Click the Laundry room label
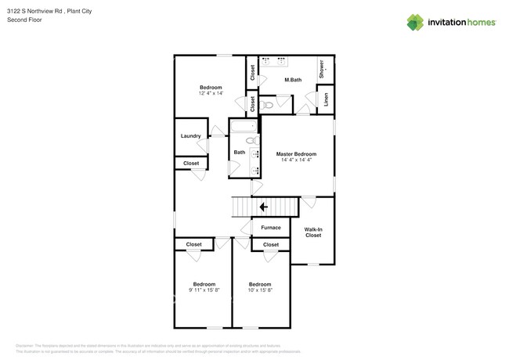[191, 136]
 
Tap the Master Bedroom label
[296, 154]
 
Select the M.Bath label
[293, 80]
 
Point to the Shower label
[322, 69]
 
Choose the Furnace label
[271, 228]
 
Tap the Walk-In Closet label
[312, 232]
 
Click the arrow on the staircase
[263, 207]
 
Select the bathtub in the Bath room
[243, 128]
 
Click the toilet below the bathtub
[252, 141]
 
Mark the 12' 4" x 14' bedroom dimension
[211, 94]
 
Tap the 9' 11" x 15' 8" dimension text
[204, 290]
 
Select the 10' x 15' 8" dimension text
[260, 290]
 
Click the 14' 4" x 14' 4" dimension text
[296, 160]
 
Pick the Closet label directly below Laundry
[191, 164]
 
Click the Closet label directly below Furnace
[271, 245]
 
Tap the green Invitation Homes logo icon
[415, 23]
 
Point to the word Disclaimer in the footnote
[24, 345]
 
